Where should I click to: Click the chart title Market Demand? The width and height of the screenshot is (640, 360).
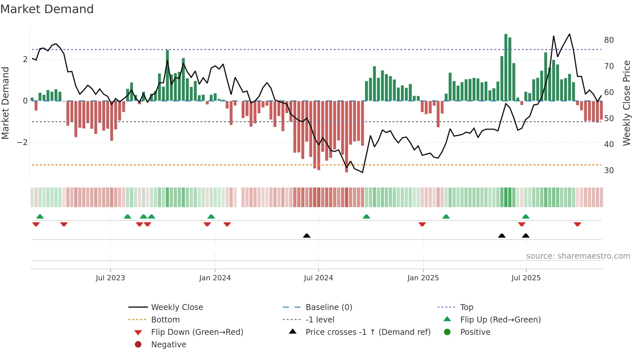[47, 9]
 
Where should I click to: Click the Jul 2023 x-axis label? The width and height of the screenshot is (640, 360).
[110, 278]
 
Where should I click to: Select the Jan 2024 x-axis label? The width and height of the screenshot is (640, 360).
[215, 278]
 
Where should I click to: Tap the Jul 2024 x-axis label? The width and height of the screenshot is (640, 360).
[318, 278]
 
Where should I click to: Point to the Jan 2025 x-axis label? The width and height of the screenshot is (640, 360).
[423, 278]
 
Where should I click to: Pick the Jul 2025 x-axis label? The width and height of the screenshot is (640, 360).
[526, 278]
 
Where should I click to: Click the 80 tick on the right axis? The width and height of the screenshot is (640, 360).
[609, 40]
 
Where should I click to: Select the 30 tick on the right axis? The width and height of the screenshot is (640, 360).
[609, 171]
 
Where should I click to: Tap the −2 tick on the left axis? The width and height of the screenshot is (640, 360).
[22, 142]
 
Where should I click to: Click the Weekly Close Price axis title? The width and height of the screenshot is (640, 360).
[626, 103]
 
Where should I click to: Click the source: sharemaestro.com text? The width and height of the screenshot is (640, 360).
[578, 256]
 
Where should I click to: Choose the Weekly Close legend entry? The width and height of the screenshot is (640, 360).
[177, 307]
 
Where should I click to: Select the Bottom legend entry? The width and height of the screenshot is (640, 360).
[165, 320]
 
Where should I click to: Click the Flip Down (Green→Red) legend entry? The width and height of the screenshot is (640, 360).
[197, 332]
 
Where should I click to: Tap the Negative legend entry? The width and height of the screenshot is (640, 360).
[168, 345]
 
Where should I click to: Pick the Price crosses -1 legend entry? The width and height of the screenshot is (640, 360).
[368, 332]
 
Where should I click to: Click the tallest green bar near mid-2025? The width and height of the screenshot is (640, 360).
[506, 67]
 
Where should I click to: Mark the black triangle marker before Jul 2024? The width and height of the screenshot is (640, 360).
[307, 236]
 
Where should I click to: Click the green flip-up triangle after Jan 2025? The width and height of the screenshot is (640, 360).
[446, 217]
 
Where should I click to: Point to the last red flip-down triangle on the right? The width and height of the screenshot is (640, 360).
[577, 224]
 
